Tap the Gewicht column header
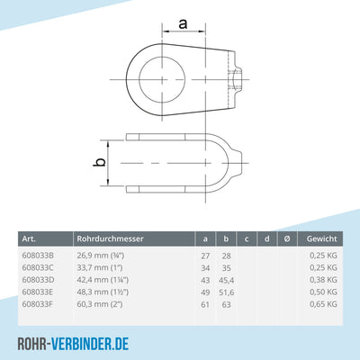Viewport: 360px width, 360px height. pyautogui.click(x=321, y=238)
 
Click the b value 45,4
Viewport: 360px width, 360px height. pyautogui.click(x=228, y=280)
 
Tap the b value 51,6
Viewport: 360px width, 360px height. pyautogui.click(x=228, y=293)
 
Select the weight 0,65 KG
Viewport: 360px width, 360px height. pyautogui.click(x=322, y=306)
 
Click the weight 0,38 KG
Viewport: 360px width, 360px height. pyautogui.click(x=322, y=280)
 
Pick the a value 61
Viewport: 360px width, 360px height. pyautogui.click(x=204, y=306)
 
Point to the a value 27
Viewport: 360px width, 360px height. pyautogui.click(x=204, y=255)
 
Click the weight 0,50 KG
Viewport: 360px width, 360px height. pyautogui.click(x=322, y=293)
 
